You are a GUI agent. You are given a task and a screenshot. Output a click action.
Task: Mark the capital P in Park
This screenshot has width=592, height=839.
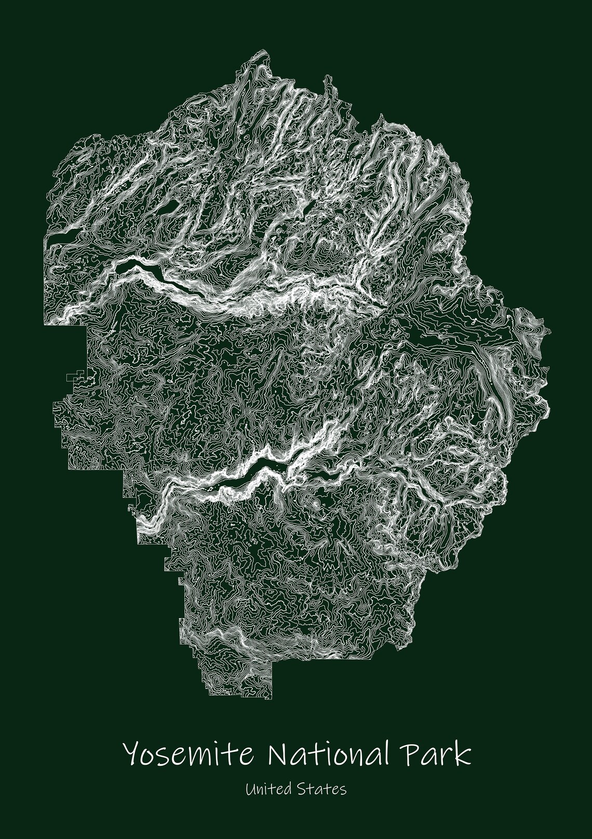[415, 753]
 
